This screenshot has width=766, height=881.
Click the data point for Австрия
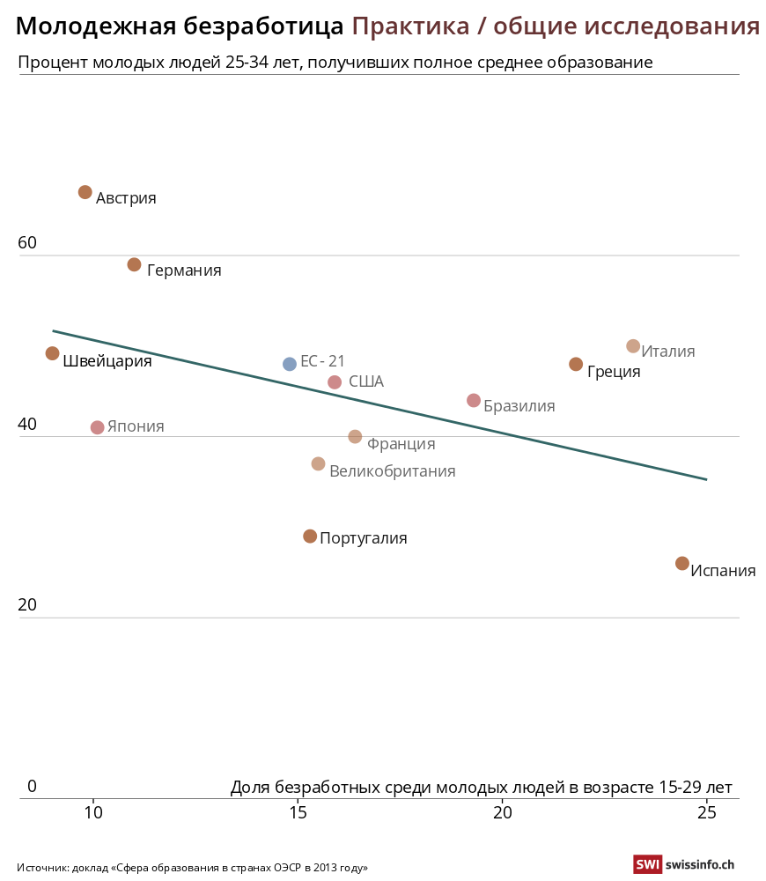tap(85, 192)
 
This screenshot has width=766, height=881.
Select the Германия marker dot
tap(135, 264)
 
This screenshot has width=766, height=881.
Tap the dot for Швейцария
tap(53, 353)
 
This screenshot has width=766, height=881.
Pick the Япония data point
tap(98, 427)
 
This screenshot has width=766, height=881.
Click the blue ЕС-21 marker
tap(290, 364)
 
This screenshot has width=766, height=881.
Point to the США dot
tap(335, 382)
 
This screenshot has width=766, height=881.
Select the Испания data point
tap(682, 563)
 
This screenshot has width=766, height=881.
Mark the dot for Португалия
tap(310, 537)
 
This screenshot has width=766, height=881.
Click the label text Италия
tap(668, 352)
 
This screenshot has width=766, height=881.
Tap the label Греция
tap(614, 372)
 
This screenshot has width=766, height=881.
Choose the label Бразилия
tap(519, 406)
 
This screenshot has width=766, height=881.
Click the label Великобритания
tap(392, 471)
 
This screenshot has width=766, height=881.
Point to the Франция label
tap(401, 444)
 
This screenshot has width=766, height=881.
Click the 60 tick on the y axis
tap(27, 242)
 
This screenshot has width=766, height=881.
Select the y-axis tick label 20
tap(27, 605)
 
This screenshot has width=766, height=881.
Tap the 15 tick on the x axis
tap(298, 812)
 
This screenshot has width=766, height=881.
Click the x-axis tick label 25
tap(707, 812)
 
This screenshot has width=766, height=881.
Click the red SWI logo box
tap(647, 865)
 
